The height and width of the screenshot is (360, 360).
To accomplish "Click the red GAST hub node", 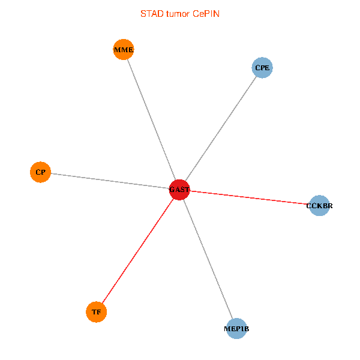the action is tap(179, 190).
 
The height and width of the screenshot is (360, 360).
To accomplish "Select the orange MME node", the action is tap(124, 49).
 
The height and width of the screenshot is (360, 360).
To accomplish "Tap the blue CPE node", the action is tap(262, 68).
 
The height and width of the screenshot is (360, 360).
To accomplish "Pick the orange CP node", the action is tap(40, 172).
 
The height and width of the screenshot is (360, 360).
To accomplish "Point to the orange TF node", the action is tap(96, 312).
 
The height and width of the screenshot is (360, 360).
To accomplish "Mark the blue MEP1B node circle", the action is tap(237, 329).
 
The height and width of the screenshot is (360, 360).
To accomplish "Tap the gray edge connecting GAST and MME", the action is tap(151, 119).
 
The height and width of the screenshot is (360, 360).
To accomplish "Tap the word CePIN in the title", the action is tap(206, 13).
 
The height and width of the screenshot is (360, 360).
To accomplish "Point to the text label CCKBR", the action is tap(319, 206).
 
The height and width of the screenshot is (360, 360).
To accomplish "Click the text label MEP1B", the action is tap(237, 329).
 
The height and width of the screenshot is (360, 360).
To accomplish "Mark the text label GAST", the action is tap(179, 190).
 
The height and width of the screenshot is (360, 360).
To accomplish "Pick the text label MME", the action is tap(124, 49).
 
